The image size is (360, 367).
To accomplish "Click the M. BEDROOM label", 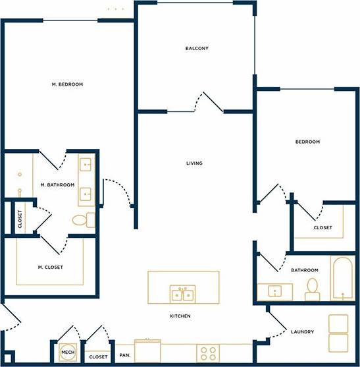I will click(x=67, y=84).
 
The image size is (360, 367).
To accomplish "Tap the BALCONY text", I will click(x=196, y=48).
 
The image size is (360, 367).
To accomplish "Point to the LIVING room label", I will click(x=194, y=163).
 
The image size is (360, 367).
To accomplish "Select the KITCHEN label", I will click(x=180, y=316).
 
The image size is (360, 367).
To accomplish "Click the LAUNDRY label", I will click(x=302, y=331).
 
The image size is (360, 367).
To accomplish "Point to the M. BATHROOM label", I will click(x=57, y=185).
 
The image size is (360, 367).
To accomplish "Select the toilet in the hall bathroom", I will click(x=312, y=289).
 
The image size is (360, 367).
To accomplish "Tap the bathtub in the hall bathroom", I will click(x=342, y=279).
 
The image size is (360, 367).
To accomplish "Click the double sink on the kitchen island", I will click(x=182, y=293).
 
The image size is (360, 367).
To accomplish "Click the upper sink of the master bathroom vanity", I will click(x=87, y=165).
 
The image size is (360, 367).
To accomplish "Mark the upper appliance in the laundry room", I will click(x=338, y=324).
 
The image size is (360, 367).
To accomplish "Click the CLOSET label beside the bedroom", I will click(x=322, y=228).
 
